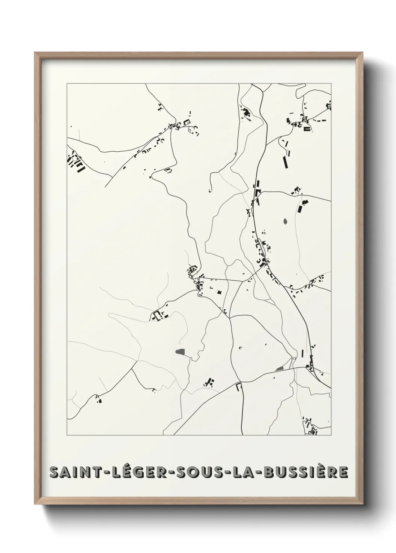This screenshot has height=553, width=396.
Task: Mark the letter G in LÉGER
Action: (x=126, y=472)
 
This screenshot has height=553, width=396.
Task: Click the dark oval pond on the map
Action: (x=286, y=221)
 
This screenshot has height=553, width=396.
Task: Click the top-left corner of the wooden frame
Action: (x=35, y=53)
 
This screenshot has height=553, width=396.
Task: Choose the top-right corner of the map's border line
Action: (x=331, y=83)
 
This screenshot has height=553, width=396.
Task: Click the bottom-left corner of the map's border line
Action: (x=67, y=435)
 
